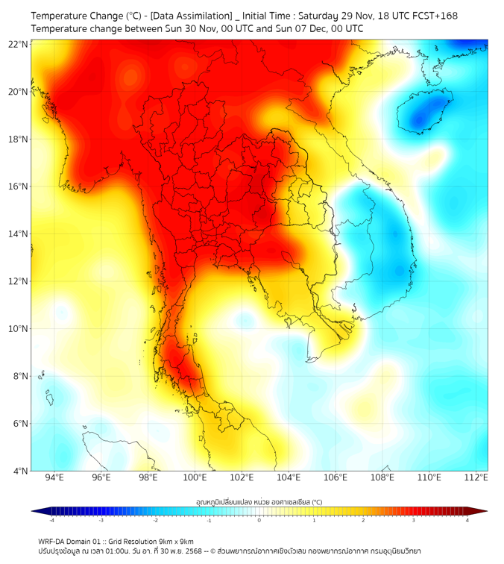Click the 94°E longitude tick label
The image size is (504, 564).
[54, 477]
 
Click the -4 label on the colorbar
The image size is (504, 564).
[51, 520]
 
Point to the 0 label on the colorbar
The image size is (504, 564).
[259, 520]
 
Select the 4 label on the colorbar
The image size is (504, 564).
[467, 520]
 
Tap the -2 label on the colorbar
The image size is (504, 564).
[155, 520]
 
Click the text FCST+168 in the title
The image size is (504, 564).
[436, 16]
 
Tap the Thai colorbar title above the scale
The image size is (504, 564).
[259, 501]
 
